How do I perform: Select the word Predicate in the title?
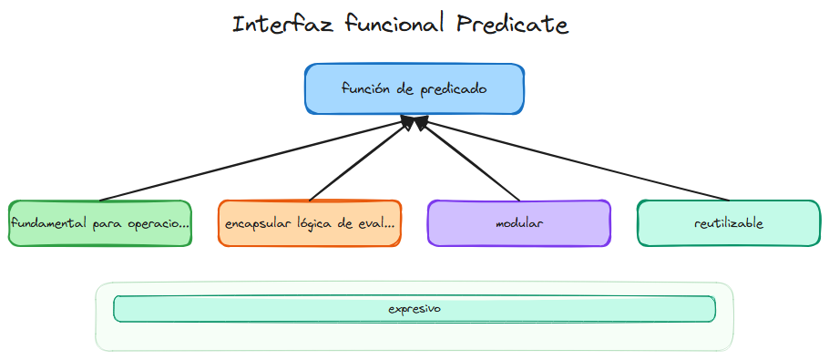pos(510,25)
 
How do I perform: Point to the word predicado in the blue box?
pos(453,89)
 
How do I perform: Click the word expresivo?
pos(414,309)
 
